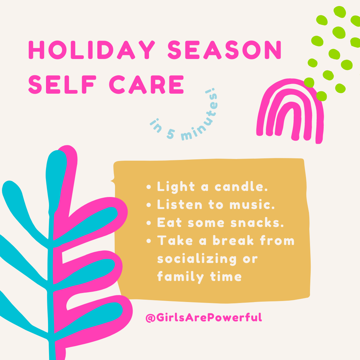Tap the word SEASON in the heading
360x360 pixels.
(x=224, y=50)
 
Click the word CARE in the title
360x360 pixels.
(x=146, y=84)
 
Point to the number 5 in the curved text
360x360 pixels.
(x=171, y=134)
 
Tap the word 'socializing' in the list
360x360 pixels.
(x=197, y=259)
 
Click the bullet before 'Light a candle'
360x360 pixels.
(x=149, y=187)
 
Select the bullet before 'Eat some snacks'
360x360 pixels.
(x=149, y=223)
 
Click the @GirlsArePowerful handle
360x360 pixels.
(x=204, y=318)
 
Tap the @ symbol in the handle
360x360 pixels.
(x=151, y=318)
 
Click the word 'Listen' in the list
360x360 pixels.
(x=180, y=204)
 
